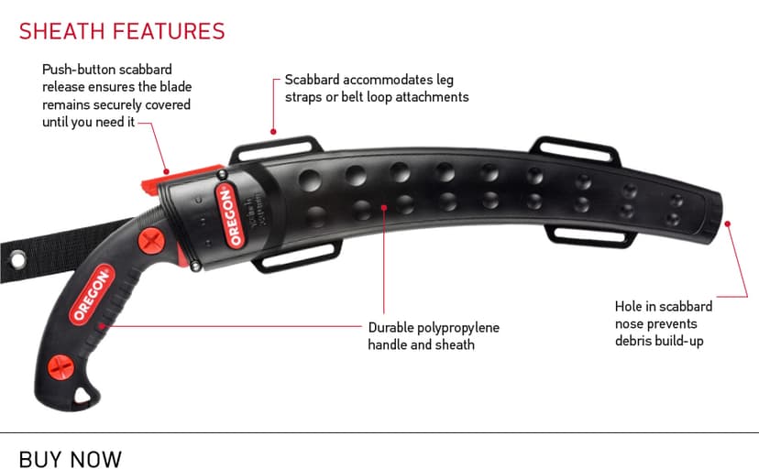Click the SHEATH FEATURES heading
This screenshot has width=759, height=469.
tap(122, 31)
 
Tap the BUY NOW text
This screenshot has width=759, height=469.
tap(71, 457)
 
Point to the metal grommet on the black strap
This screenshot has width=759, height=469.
tap(17, 263)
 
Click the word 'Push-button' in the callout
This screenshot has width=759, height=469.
tap(80, 69)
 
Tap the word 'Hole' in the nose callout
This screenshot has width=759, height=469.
tap(631, 306)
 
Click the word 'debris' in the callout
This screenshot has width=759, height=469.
tap(634, 341)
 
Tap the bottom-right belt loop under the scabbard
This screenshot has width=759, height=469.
tap(592, 238)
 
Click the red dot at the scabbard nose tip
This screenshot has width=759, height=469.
tap(727, 222)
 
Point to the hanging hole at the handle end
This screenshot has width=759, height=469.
tap(84, 394)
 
